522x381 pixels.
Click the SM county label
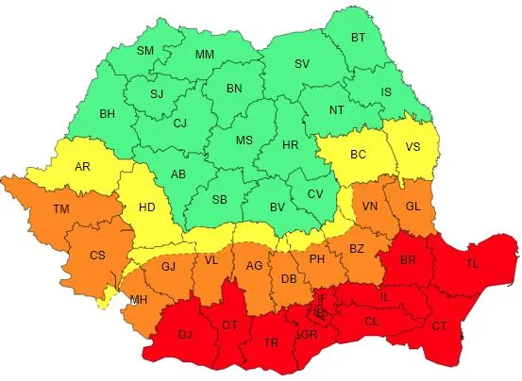(x=145, y=51)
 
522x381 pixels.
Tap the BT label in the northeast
(x=358, y=38)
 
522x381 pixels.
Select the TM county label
(x=61, y=208)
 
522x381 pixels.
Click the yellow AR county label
(x=83, y=167)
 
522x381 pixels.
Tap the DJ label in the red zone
(x=186, y=334)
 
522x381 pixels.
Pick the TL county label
(x=472, y=265)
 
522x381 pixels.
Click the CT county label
(x=440, y=326)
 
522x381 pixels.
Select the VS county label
(x=413, y=148)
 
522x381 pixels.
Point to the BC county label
(x=359, y=153)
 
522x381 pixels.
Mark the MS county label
(x=244, y=141)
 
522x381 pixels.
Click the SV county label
(x=301, y=64)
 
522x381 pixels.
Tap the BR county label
(x=409, y=260)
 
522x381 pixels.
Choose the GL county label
(x=413, y=207)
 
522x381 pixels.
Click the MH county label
(x=139, y=300)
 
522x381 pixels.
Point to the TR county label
(x=272, y=342)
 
